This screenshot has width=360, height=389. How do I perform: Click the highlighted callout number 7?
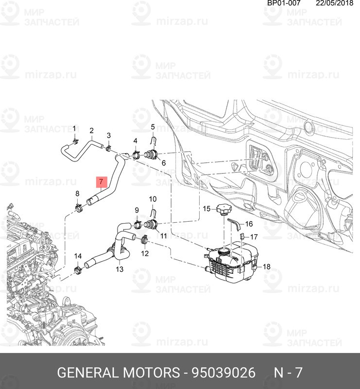click(101, 182)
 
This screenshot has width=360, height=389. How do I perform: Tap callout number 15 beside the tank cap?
click(206, 209)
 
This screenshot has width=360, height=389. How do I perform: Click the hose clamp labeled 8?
click(78, 209)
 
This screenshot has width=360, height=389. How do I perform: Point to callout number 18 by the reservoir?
click(266, 266)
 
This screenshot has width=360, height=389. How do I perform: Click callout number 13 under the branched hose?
click(120, 268)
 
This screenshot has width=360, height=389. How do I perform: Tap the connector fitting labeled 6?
click(152, 156)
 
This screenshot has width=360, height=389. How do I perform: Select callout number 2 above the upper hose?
click(91, 130)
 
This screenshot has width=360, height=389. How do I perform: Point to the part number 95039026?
click(223, 373)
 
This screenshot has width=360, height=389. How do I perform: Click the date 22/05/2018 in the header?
click(334, 3)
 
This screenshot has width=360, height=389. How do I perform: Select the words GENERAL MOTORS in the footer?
click(119, 373)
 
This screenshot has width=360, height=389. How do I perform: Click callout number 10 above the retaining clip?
click(153, 199)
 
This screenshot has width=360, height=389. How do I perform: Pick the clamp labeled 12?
click(144, 239)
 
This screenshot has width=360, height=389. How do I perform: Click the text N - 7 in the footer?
click(288, 373)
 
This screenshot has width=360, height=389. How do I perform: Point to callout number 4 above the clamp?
click(136, 141)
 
